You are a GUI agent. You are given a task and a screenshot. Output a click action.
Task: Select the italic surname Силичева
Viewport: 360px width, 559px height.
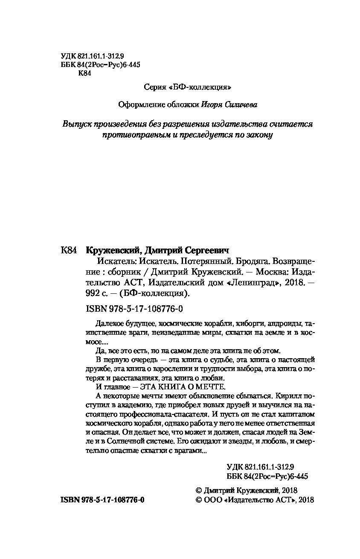point(243,104)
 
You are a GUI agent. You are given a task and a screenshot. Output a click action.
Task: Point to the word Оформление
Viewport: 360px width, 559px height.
point(137,104)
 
